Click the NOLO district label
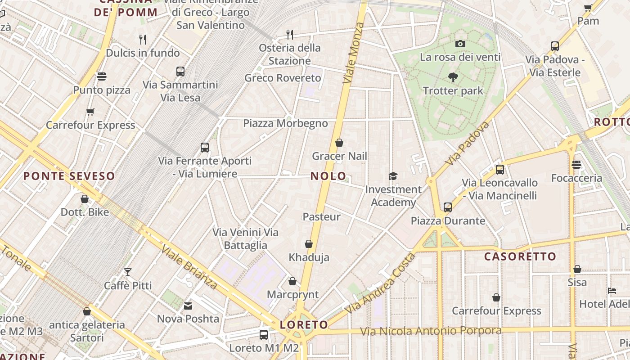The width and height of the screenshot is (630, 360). (328, 176)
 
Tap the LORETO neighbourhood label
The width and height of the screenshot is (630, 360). (304, 324)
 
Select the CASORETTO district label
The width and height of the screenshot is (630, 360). (520, 256)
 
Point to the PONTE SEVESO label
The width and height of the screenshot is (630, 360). (69, 176)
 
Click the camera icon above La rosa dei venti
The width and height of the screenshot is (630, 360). (460, 44)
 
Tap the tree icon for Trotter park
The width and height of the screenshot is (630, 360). (453, 77)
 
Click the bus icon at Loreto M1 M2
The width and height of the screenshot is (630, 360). (264, 335)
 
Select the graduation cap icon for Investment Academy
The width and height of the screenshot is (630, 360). (393, 176)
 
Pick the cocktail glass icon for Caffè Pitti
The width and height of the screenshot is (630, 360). (128, 272)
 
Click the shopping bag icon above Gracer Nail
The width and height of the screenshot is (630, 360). (339, 143)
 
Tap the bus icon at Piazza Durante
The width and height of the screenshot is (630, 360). (447, 207)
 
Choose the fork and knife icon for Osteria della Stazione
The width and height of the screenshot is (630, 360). (290, 34)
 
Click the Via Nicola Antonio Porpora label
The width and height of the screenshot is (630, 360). (431, 331)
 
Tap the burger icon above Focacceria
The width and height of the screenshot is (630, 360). (576, 165)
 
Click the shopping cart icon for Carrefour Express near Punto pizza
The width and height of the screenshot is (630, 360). (90, 112)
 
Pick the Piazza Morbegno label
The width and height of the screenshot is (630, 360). (285, 123)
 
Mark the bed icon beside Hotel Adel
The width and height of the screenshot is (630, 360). (612, 291)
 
